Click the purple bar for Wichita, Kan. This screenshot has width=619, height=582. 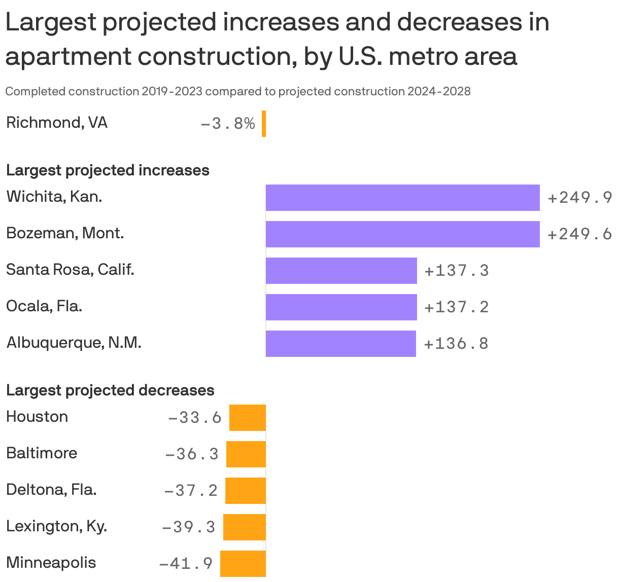click(x=402, y=198)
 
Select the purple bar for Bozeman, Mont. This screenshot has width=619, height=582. click(x=402, y=234)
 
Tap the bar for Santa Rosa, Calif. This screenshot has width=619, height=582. click(x=341, y=271)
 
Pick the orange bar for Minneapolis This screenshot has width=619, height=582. click(x=243, y=564)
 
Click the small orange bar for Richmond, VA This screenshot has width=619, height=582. click(x=264, y=124)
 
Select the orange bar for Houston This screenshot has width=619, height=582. click(x=248, y=418)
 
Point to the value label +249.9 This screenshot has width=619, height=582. click(x=580, y=198)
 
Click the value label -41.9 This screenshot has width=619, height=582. click(x=186, y=564)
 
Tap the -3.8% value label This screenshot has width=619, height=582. click(x=228, y=124)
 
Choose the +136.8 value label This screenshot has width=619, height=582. click(x=456, y=344)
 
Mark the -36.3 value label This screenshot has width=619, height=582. click(x=192, y=454)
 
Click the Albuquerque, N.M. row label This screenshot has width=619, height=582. click(x=74, y=343)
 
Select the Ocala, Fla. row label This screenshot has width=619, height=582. click(x=44, y=306)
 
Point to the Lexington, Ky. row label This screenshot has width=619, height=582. click(x=56, y=526)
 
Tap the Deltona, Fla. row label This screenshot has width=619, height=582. click(x=51, y=490)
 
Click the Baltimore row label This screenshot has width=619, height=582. click(x=42, y=453)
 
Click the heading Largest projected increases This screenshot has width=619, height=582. click(x=108, y=170)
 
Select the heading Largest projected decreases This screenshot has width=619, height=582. click(x=110, y=390)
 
